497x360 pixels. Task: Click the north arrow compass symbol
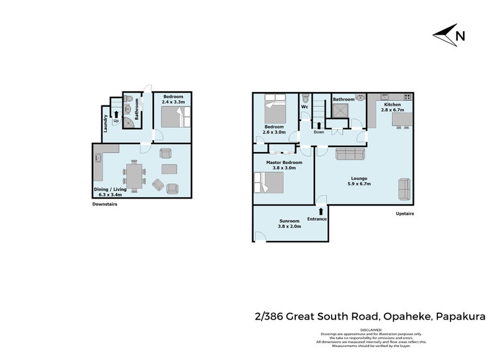pos(449,35)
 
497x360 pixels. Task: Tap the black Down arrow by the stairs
pos(319,125)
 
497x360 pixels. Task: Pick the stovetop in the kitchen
pos(407,97)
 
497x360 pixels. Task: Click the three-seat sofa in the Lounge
pos(350,155)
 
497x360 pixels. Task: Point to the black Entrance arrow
pos(321,212)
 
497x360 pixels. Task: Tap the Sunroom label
pos(289,221)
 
